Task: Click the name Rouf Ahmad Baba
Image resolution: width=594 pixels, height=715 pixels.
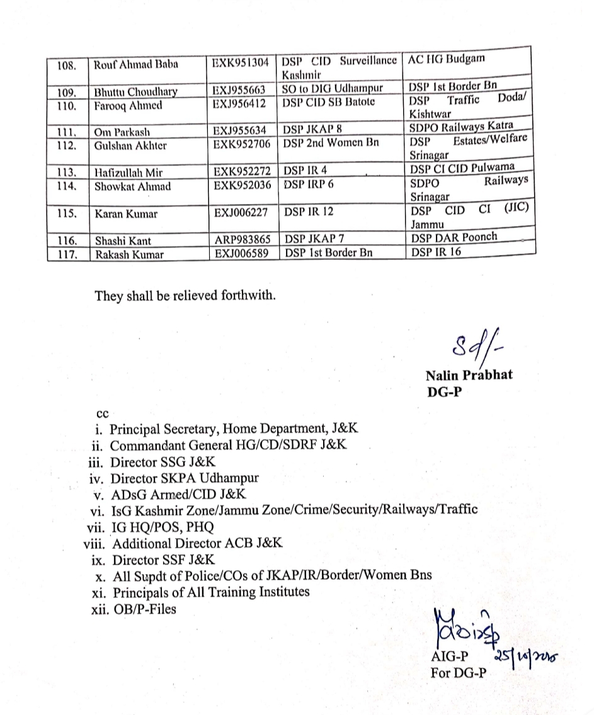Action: coord(136,64)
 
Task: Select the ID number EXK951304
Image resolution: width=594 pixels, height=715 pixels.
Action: coord(241,63)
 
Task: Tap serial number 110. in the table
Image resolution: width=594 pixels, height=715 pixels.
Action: coord(66,105)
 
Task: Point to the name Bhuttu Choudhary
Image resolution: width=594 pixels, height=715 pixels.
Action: coord(135,92)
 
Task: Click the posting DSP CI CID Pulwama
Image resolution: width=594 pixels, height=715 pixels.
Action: coord(462,167)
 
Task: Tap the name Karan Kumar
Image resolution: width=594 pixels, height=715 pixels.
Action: coord(127,213)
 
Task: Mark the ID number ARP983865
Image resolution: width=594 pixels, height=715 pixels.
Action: coord(242,240)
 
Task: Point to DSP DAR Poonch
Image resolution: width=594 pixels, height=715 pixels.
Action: coord(454,237)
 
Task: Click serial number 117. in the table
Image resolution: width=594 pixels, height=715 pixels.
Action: coord(67,254)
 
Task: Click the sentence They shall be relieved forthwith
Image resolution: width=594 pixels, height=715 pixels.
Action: coord(185,295)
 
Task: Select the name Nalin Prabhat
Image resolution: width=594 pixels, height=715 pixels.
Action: coord(469,375)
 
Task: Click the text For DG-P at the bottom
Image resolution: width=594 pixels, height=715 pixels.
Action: coord(459,672)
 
